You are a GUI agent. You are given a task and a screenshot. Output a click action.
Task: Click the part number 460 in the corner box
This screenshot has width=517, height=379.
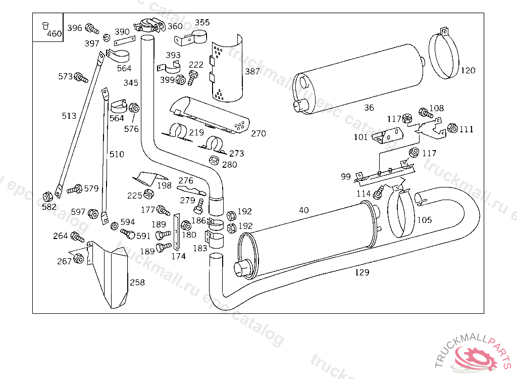54,34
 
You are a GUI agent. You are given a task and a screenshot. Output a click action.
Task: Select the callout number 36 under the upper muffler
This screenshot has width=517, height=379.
369,108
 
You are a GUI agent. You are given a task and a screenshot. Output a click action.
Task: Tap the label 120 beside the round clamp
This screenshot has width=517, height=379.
468,70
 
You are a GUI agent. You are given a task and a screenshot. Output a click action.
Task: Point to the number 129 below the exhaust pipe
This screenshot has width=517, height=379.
362,272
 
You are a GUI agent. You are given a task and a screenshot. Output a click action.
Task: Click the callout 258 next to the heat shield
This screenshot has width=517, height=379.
137,282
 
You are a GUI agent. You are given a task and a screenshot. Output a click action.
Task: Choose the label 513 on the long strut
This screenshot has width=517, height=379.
69,116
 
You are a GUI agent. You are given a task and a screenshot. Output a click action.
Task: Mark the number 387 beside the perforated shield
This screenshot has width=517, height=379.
252,72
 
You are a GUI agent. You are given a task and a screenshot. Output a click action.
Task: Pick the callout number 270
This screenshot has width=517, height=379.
258,133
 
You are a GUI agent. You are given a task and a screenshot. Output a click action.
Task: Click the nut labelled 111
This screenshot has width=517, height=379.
452,128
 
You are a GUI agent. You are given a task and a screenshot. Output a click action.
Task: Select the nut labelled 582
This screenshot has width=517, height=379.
48,196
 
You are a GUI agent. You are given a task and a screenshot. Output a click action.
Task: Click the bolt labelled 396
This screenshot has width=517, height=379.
91,28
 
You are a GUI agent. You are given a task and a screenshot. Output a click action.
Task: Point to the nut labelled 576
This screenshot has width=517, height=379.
134,108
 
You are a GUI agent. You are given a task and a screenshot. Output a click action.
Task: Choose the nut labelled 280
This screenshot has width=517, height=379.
214,161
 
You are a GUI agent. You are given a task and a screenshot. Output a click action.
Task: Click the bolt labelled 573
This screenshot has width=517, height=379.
80,77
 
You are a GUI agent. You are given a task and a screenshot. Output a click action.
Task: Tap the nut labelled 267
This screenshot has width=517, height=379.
78,259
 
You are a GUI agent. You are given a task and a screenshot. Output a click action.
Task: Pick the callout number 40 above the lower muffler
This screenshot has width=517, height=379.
303,210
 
